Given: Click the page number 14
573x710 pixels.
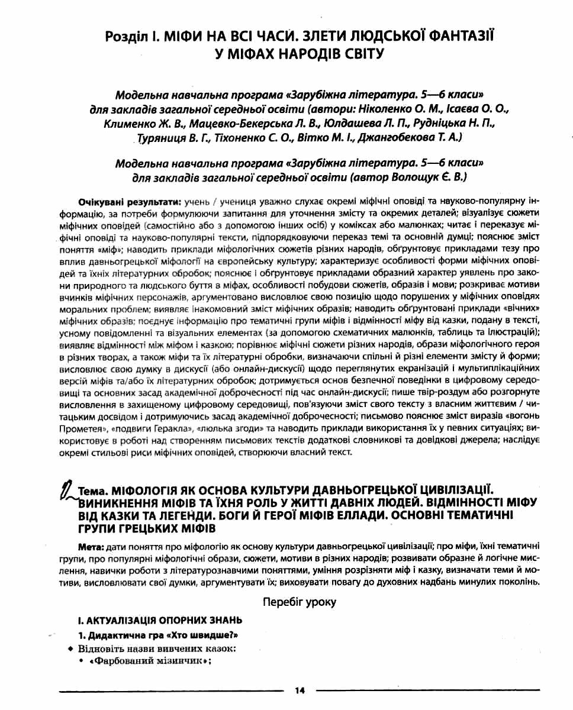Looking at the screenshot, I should (299, 690).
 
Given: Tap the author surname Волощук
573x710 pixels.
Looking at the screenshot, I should (410, 176).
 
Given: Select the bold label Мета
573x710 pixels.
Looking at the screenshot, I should (90, 543).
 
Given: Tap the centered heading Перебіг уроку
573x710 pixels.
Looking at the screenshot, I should (300, 602).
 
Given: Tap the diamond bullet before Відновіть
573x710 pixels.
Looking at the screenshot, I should (71, 649).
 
